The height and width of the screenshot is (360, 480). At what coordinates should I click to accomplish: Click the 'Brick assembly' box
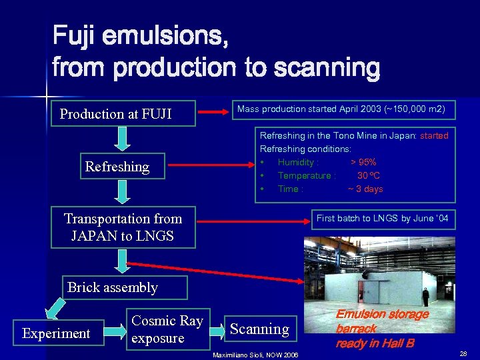click(x=125, y=288)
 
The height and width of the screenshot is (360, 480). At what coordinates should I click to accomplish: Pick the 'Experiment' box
click(x=56, y=333)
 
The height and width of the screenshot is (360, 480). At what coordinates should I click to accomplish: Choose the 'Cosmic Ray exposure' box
click(x=167, y=329)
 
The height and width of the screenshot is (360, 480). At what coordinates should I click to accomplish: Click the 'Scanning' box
click(x=259, y=329)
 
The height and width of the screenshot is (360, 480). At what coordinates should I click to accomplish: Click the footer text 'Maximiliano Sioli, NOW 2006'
click(x=255, y=354)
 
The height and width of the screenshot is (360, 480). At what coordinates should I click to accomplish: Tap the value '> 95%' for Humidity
click(x=363, y=162)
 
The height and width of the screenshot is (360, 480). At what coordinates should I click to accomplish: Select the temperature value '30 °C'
click(x=369, y=175)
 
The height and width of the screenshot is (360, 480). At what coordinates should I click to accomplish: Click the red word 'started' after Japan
click(x=434, y=135)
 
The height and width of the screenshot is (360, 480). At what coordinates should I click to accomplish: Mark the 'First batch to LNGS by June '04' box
click(x=382, y=219)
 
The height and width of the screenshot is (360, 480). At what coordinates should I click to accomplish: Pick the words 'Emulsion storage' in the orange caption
click(x=382, y=314)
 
